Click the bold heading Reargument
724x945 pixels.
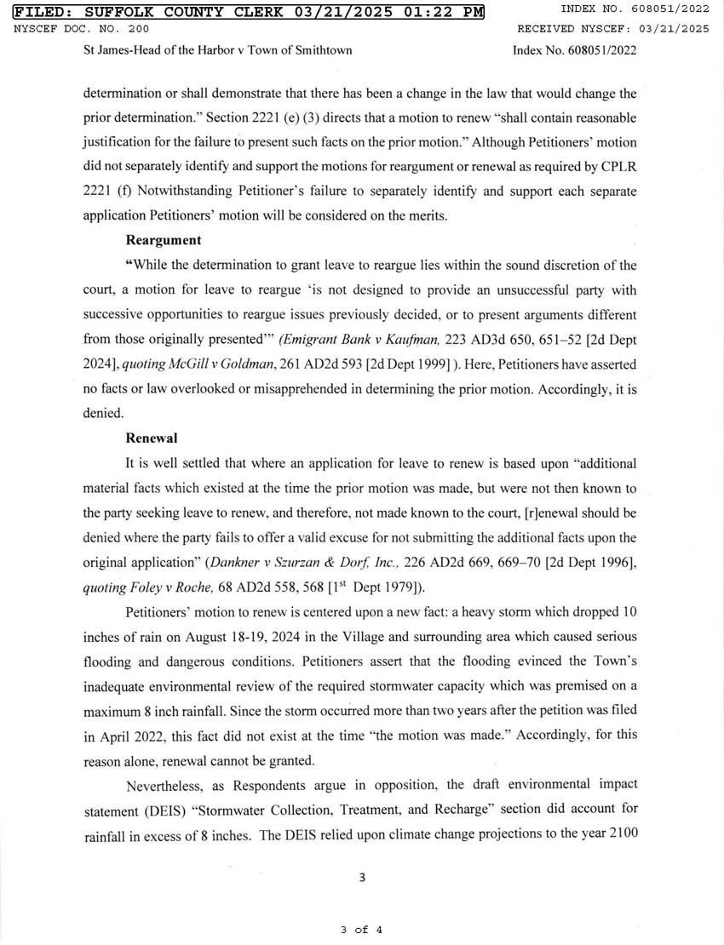point(164,241)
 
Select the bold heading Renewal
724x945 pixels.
point(151,438)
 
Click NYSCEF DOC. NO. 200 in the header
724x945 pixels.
point(67,29)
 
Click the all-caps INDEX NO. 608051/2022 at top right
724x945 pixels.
point(635,9)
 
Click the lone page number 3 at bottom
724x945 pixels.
point(362,879)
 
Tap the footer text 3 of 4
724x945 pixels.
point(361,930)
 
